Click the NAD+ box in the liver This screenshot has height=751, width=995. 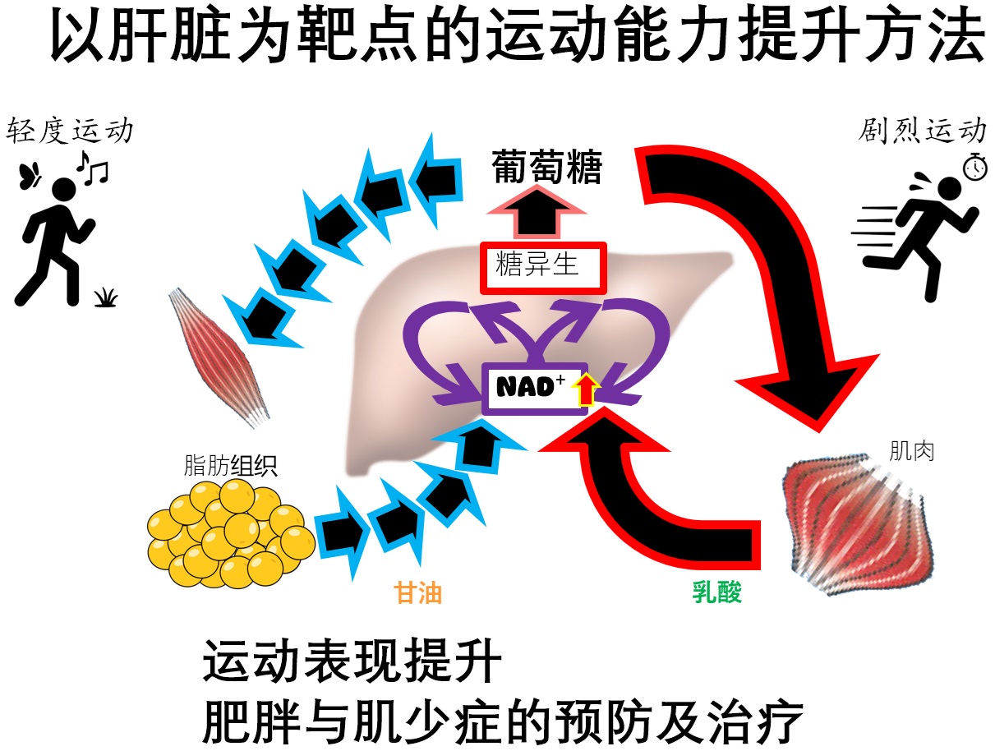point(535,389)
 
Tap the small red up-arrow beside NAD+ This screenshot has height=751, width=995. point(585,389)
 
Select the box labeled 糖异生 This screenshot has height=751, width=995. point(543,267)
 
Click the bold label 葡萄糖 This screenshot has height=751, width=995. point(547,168)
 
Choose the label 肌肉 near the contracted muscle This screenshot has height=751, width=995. point(912,450)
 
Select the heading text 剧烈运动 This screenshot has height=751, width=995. point(924,130)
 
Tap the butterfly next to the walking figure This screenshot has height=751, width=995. point(30,175)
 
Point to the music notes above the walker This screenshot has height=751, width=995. point(92,167)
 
